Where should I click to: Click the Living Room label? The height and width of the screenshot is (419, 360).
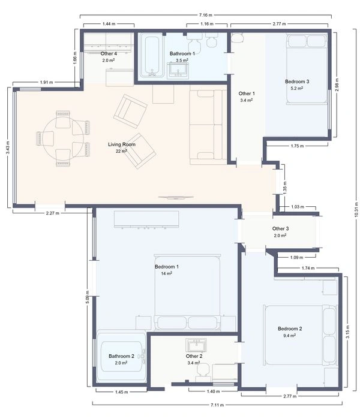(x=122, y=144)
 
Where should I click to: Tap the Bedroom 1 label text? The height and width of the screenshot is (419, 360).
(x=167, y=267)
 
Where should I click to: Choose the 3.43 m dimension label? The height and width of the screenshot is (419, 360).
(x=8, y=147)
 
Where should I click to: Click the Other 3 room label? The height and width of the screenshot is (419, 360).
(x=280, y=228)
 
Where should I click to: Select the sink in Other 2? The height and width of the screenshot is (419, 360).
(x=196, y=345)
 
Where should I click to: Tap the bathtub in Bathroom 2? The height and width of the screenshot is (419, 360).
(x=122, y=358)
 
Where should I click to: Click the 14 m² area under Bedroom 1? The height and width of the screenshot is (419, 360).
(x=167, y=273)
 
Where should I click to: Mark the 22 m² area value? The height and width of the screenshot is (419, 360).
(x=122, y=151)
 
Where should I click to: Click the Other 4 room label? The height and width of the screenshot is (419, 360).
(x=109, y=54)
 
